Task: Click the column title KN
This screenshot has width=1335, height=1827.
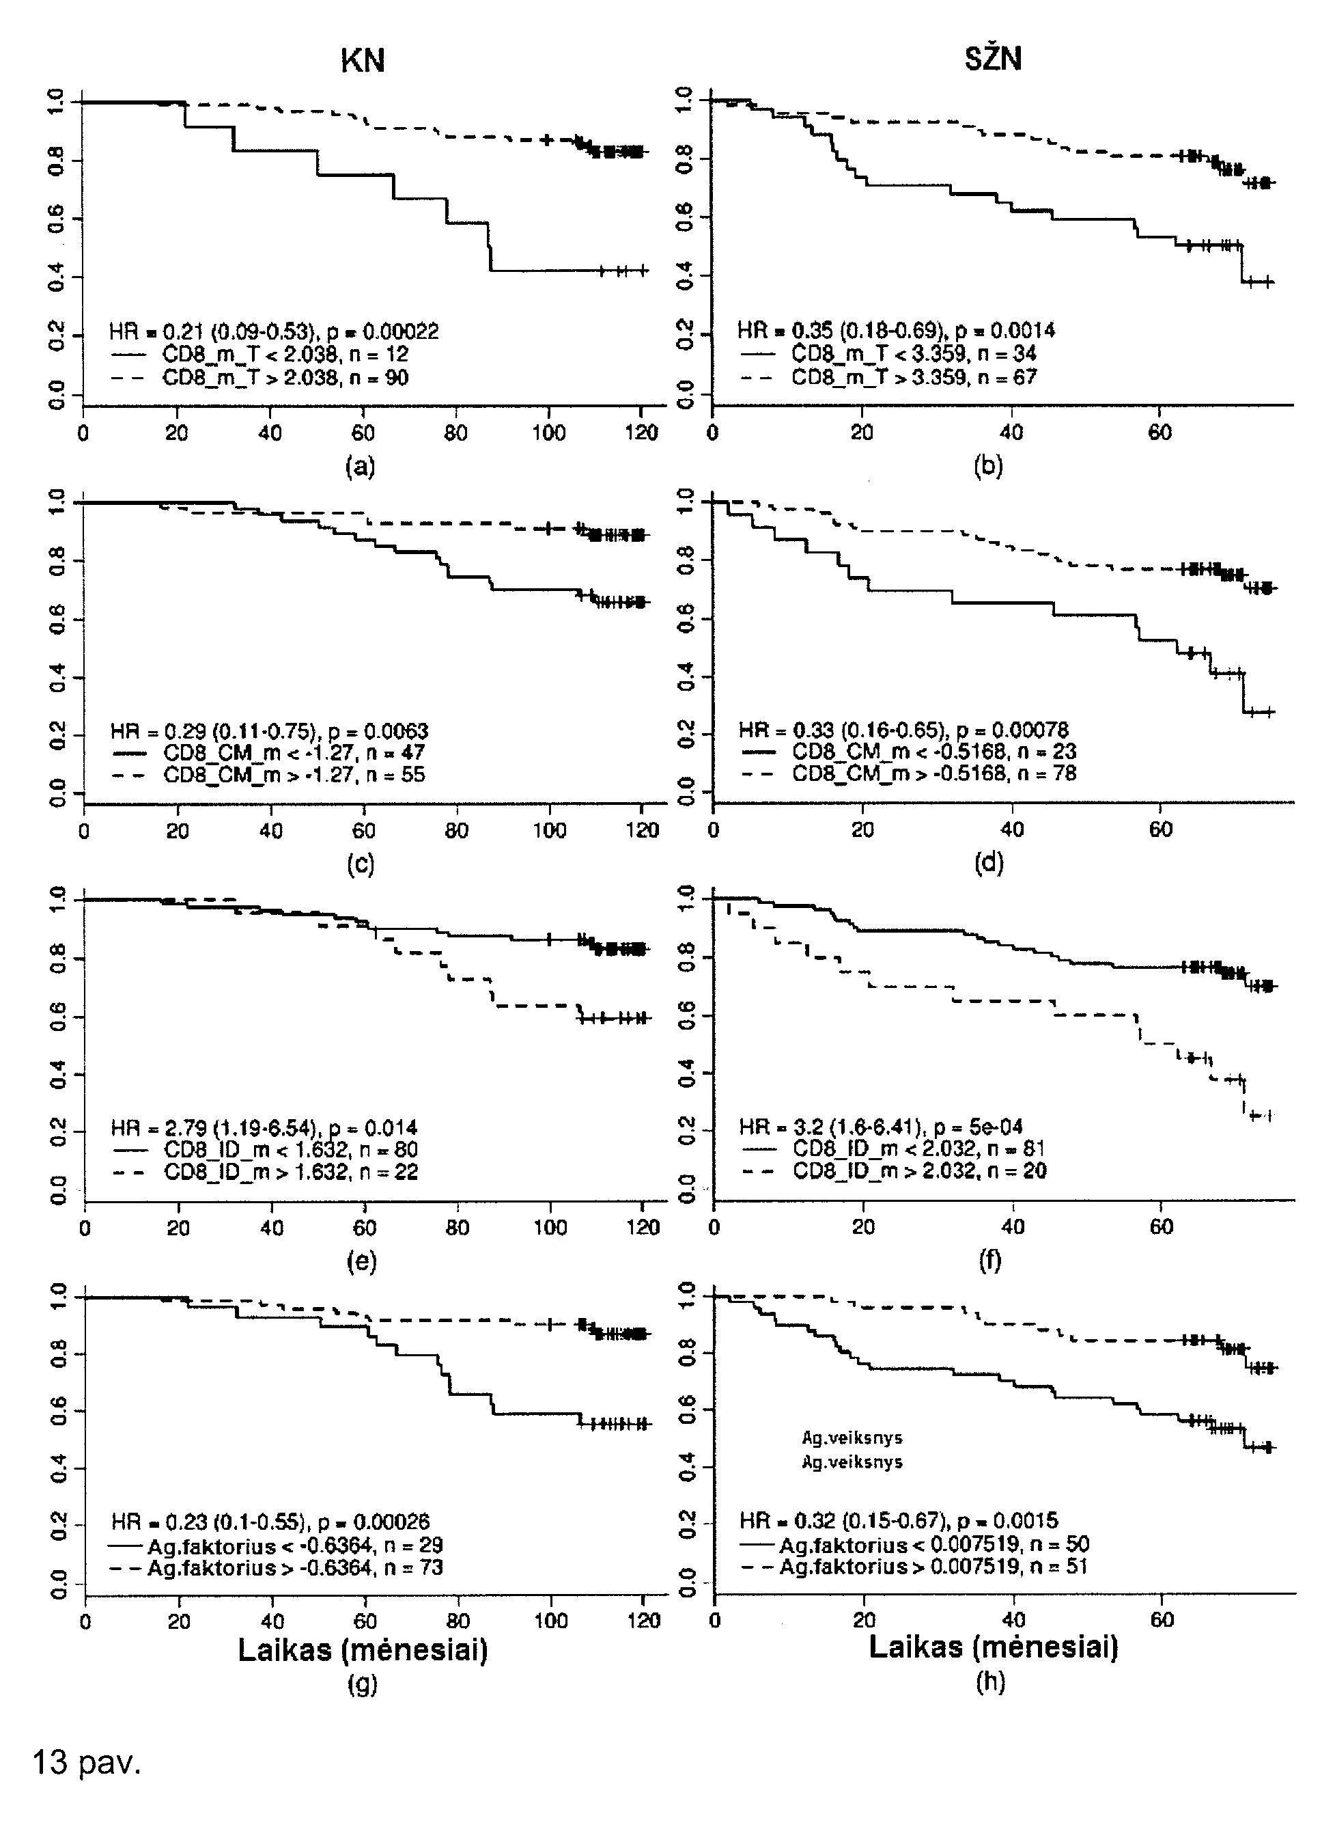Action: (362, 61)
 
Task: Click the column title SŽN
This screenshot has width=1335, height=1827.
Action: (993, 58)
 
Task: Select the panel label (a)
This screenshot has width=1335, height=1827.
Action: (361, 467)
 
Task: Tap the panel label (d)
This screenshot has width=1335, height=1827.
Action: (989, 864)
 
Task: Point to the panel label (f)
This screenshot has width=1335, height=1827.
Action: (990, 1261)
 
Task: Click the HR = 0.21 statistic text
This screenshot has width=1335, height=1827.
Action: (274, 331)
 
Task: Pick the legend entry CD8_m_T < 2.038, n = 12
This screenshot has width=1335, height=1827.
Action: (260, 355)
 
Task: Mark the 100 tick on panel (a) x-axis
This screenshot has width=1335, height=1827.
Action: (549, 433)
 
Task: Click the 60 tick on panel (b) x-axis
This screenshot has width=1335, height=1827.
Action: (1160, 432)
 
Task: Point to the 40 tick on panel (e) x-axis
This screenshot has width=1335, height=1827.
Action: (272, 1228)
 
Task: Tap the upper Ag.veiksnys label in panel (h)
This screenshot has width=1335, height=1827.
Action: (852, 1438)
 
